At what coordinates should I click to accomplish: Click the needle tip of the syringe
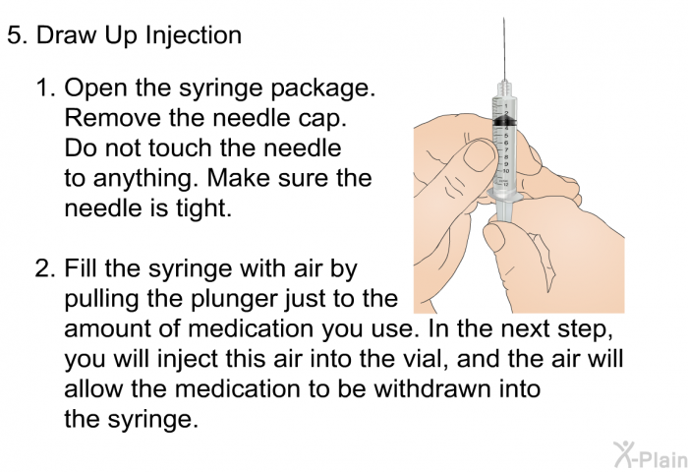point(503,19)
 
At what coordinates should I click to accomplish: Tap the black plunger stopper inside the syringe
point(503,121)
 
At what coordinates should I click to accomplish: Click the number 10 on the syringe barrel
point(506,170)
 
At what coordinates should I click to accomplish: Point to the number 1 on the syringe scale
point(506,106)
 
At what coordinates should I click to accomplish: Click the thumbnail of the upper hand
point(478,156)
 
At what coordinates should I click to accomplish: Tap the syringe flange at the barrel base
point(503,197)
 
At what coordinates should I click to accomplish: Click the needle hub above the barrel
point(504,87)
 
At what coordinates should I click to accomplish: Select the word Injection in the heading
point(193,35)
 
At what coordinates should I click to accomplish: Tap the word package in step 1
point(322,88)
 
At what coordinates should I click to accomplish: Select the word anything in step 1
point(143,179)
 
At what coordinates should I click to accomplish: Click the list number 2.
point(45,268)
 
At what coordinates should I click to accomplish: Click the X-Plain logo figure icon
point(623,453)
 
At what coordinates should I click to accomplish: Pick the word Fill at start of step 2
point(81,268)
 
